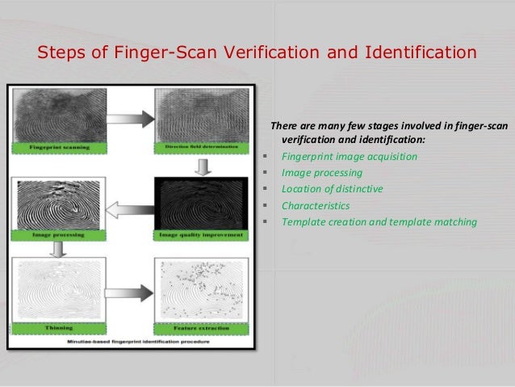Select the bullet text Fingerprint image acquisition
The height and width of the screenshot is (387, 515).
[349, 156]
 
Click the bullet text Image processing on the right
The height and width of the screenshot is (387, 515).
[321, 172]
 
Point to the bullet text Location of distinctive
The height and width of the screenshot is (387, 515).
[331, 188]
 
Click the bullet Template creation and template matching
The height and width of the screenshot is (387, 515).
[379, 221]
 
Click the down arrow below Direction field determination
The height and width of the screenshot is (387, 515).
[204, 166]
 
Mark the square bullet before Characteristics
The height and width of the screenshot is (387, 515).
[266, 205]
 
